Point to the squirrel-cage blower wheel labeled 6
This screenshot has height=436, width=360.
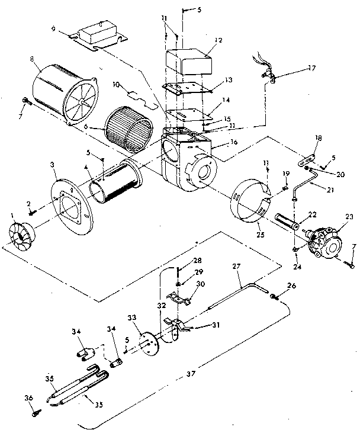tap(125, 127)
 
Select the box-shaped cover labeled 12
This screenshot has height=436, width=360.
tap(187, 62)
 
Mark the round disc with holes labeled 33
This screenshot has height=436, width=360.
tap(144, 343)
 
